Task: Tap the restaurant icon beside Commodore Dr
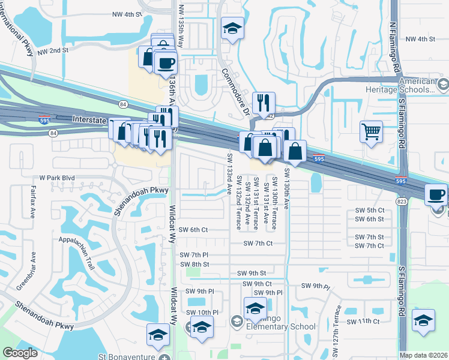pyautogui.click(x=264, y=103)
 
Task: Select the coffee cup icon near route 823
pyautogui.click(x=436, y=194)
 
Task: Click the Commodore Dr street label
pyautogui.click(x=235, y=91)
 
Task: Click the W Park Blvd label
pyautogui.click(x=56, y=178)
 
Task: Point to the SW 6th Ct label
pyautogui.click(x=193, y=230)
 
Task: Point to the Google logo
pyautogui.click(x=20, y=353)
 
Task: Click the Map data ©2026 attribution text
pyautogui.click(x=424, y=355)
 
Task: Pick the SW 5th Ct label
pyautogui.click(x=369, y=210)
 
